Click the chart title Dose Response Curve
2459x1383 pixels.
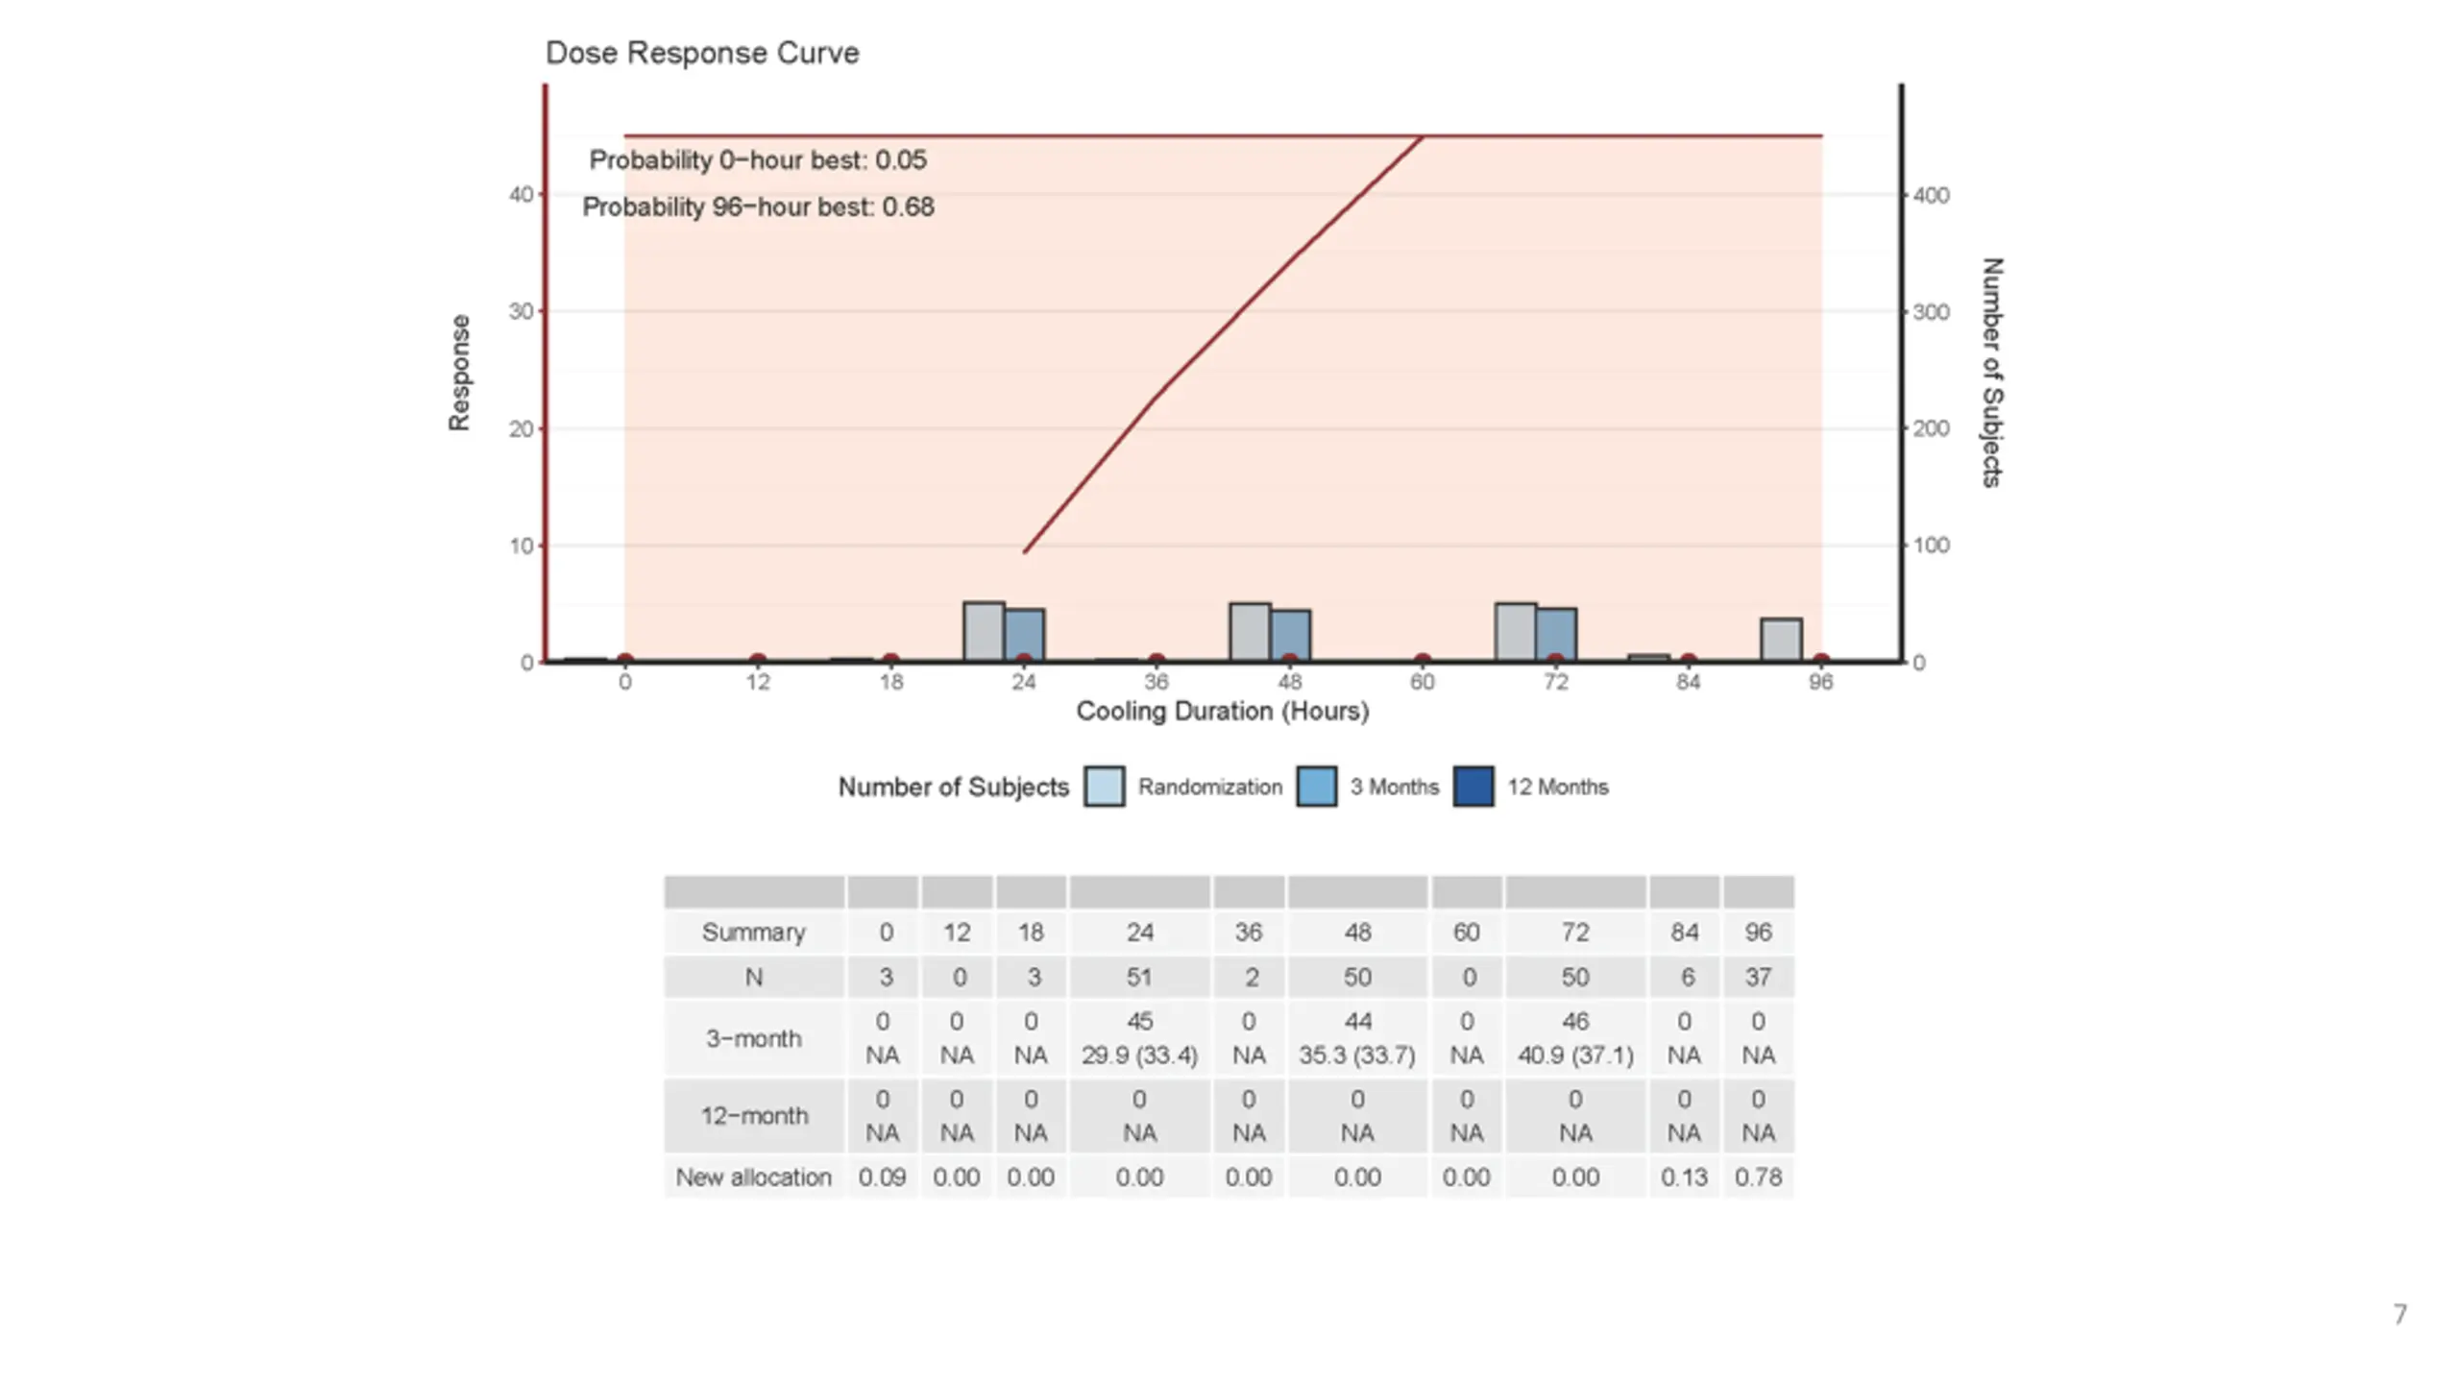[702, 53]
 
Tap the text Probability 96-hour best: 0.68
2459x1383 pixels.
[758, 207]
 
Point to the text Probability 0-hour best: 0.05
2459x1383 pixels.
[758, 160]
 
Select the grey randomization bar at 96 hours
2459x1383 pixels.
[1780, 640]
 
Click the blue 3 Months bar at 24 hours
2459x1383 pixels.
[1025, 634]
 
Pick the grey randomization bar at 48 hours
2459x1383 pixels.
[1250, 631]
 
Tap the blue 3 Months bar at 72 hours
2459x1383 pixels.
[1556, 634]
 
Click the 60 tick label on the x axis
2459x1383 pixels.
[1423, 683]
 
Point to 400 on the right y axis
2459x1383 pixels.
[1931, 196]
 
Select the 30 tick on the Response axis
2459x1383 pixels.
[521, 312]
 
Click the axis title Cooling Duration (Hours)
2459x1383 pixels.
[1222, 712]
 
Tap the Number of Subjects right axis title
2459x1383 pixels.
[1992, 372]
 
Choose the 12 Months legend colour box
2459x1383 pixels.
[1473, 787]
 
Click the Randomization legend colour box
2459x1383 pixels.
[1105, 787]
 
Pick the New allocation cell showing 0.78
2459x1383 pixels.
[1758, 1177]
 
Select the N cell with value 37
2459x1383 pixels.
[1758, 978]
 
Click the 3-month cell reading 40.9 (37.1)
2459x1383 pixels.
[1575, 1055]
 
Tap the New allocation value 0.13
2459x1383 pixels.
[1684, 1177]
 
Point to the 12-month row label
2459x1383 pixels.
[754, 1116]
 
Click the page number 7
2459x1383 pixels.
[2399, 1314]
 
